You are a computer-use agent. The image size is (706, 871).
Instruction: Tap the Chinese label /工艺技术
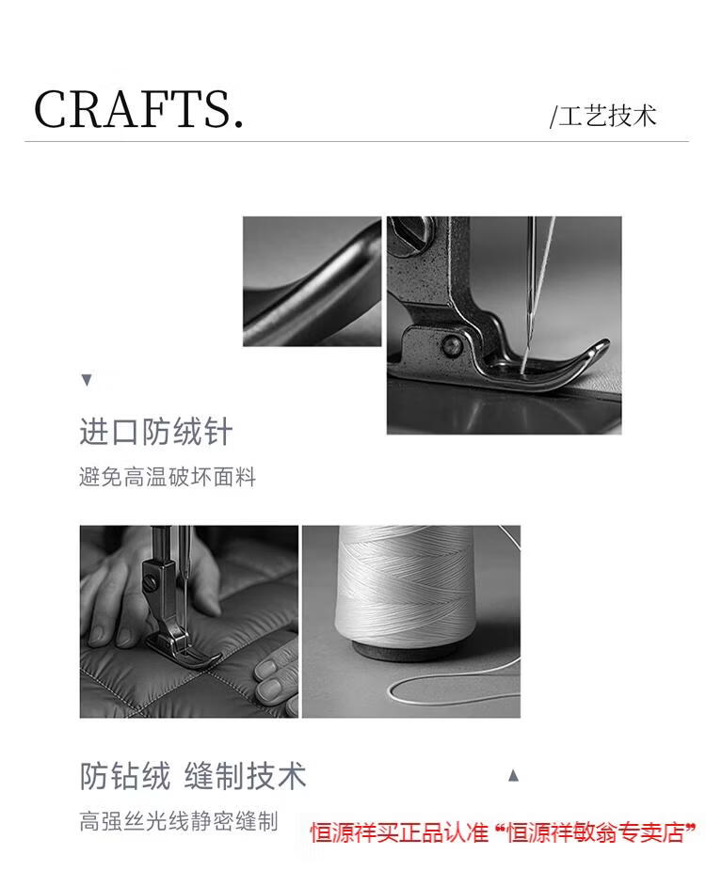(x=603, y=116)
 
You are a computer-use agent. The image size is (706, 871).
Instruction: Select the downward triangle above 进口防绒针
(x=87, y=380)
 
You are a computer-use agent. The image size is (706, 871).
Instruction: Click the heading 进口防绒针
(x=155, y=431)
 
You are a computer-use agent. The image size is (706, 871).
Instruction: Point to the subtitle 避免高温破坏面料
(x=168, y=477)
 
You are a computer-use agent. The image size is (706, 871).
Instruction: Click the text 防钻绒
(x=125, y=775)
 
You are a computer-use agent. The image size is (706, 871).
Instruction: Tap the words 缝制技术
(x=245, y=775)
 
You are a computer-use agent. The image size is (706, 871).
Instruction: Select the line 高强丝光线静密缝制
(x=179, y=821)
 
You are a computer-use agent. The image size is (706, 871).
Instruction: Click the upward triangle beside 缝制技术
(x=514, y=775)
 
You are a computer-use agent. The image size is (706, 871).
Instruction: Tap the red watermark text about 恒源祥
(x=503, y=832)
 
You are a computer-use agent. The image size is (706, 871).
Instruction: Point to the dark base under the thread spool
(x=406, y=651)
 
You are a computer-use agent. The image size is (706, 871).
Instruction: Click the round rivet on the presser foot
(x=452, y=346)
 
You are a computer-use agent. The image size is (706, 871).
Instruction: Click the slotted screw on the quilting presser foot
(x=151, y=581)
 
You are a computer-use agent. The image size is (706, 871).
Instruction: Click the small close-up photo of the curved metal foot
(x=312, y=281)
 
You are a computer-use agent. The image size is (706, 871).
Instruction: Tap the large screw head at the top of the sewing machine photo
(x=414, y=233)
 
